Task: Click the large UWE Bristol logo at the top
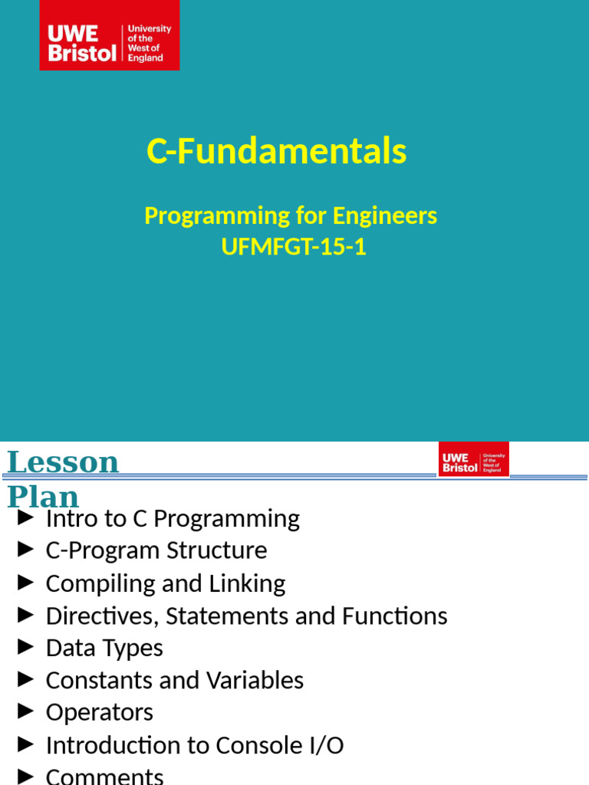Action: tap(110, 35)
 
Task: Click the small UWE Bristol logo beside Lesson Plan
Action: tap(473, 459)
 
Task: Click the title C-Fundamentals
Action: tap(276, 152)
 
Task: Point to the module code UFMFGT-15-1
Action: tap(294, 248)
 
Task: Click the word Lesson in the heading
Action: tap(63, 462)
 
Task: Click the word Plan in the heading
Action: tap(43, 496)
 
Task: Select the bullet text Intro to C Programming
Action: tap(173, 519)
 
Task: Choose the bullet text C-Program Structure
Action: tap(156, 550)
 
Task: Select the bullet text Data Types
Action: tap(104, 648)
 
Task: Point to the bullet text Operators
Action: tap(100, 712)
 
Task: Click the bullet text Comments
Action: tap(104, 776)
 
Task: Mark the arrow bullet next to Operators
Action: tap(26, 711)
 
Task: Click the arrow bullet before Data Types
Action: tap(26, 647)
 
